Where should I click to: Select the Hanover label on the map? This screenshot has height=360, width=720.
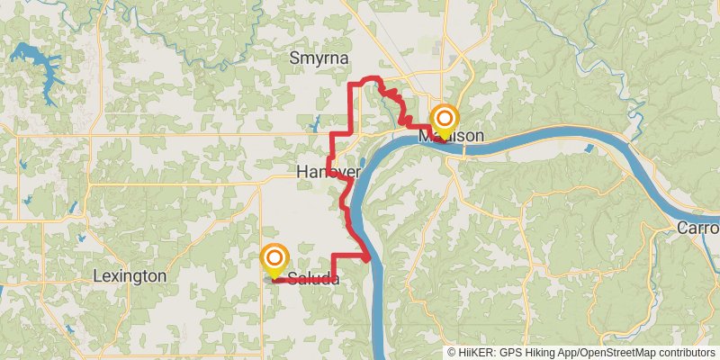[x=328, y=172]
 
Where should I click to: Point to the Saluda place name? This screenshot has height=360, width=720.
[x=312, y=279]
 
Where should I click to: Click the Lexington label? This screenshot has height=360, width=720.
[x=130, y=276]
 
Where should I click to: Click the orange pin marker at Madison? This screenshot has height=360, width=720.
[x=444, y=119]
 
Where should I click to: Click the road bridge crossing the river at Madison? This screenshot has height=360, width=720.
[x=463, y=149]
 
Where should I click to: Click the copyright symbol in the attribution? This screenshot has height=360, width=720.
[x=452, y=353]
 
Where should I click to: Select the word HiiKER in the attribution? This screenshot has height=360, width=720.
[x=474, y=353]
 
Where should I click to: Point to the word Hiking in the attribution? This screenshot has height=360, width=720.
[x=541, y=353]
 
